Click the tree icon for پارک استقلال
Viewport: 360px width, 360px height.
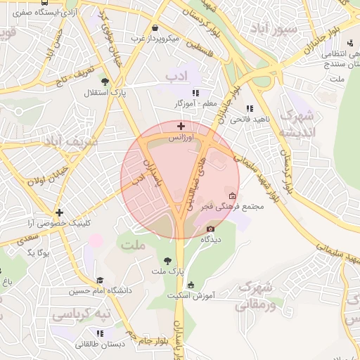point(105,82)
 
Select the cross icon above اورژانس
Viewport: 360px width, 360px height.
point(181,127)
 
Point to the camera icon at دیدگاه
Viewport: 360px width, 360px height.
point(210,229)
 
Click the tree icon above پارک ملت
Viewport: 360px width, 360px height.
point(167,261)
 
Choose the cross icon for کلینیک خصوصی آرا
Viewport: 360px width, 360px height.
point(60,212)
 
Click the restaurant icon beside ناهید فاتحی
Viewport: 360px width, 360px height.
point(249,109)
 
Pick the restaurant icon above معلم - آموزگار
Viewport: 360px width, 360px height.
point(196,92)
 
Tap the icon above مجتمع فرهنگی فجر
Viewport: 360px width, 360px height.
point(233,195)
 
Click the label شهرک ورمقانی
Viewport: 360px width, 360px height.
point(256,297)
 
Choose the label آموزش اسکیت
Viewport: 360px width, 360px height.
point(191,296)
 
